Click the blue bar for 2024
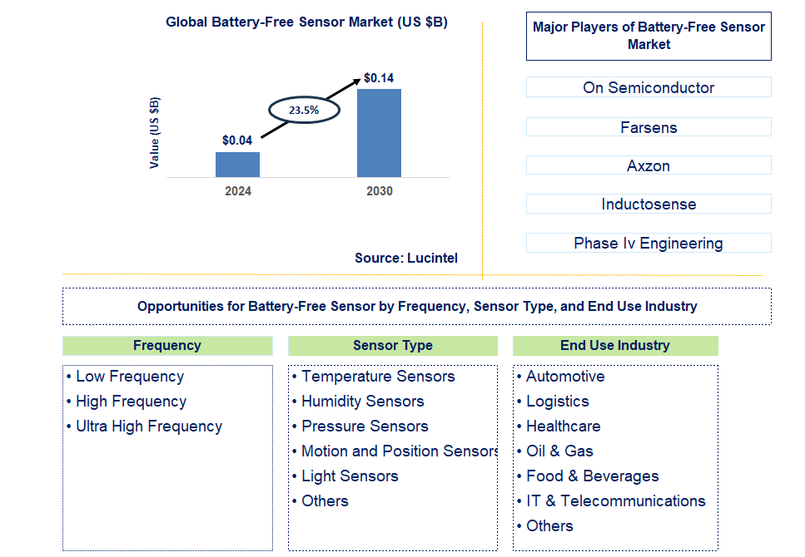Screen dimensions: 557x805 coord(237,165)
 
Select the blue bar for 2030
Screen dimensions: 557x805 coord(379,133)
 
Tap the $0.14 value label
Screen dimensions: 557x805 coord(379,78)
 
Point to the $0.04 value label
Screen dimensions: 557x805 coord(237,140)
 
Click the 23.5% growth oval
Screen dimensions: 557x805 coord(303,109)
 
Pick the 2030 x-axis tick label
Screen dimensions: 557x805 coord(379,191)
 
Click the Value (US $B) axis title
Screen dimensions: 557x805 coord(155,133)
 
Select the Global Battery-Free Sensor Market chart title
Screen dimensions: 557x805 coord(306,22)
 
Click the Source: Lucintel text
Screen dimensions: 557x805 coord(405,258)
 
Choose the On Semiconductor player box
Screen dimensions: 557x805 coord(648,87)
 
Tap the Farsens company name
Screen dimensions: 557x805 coord(648,127)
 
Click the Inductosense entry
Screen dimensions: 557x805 coord(648,204)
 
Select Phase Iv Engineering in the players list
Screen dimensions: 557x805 coord(648,243)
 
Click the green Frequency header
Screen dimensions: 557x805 coord(167,346)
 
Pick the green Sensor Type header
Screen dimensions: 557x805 coord(393,346)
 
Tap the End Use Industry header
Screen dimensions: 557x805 coord(615,346)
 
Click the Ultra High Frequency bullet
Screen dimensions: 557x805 coord(148,426)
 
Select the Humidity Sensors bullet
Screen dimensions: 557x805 coord(362,402)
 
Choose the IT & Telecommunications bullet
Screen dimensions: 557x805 coord(615,501)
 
